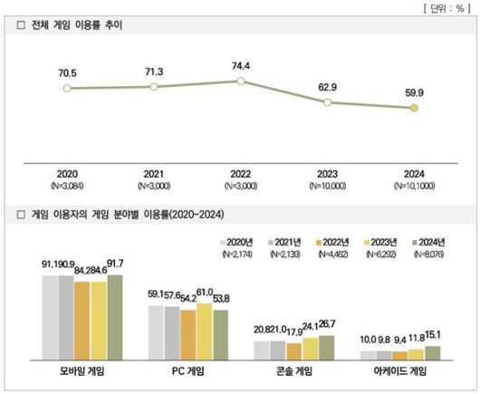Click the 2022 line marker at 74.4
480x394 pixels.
(241, 81)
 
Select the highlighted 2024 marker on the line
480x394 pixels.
(414, 108)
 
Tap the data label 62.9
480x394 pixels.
(327, 86)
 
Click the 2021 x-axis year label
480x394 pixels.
(154, 173)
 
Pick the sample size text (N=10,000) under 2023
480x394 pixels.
(327, 186)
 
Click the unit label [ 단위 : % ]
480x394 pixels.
(444, 7)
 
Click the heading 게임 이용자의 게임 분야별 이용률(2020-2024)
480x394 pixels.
(128, 215)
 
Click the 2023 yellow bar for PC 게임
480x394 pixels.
(205, 332)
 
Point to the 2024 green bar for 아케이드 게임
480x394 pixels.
(432, 353)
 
